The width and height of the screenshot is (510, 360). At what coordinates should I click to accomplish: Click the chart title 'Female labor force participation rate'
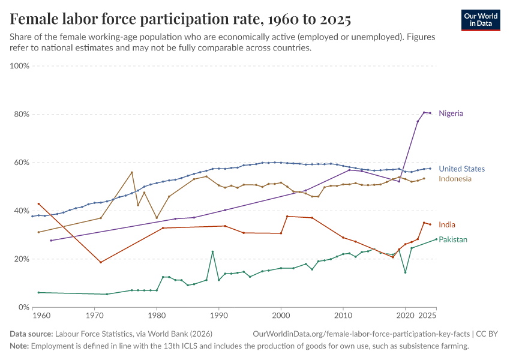[x=180, y=19]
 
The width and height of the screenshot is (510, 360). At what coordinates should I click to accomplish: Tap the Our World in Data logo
[x=480, y=20]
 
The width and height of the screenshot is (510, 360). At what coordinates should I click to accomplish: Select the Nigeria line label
[x=451, y=113]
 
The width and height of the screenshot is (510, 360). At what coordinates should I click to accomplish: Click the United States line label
[x=461, y=169]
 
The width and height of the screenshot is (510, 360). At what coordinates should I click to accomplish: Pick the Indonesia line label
[x=455, y=179]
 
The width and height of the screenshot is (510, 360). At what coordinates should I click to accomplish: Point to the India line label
[x=447, y=225]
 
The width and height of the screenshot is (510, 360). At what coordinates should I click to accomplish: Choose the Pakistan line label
[x=453, y=239]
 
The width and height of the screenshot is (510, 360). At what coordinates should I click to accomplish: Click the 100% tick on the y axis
[x=20, y=66]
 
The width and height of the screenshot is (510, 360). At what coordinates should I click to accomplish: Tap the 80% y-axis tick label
[x=22, y=115]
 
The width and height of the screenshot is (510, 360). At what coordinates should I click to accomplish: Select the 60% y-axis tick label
[x=22, y=163]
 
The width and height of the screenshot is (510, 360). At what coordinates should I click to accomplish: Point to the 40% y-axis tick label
[x=22, y=211]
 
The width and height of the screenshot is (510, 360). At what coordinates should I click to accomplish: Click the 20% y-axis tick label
[x=22, y=259]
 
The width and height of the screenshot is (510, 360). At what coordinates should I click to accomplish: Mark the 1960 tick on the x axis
[x=41, y=315]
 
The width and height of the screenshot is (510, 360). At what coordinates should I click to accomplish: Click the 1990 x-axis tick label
[x=219, y=315]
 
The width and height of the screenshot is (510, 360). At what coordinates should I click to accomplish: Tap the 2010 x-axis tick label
[x=343, y=315]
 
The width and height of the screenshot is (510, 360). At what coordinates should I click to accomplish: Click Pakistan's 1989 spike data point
[x=212, y=251]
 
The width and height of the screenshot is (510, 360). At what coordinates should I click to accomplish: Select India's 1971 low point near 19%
[x=101, y=262]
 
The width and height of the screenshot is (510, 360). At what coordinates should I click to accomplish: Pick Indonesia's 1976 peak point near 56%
[x=132, y=172]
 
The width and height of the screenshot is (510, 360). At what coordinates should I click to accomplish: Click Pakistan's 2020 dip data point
[x=405, y=272]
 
